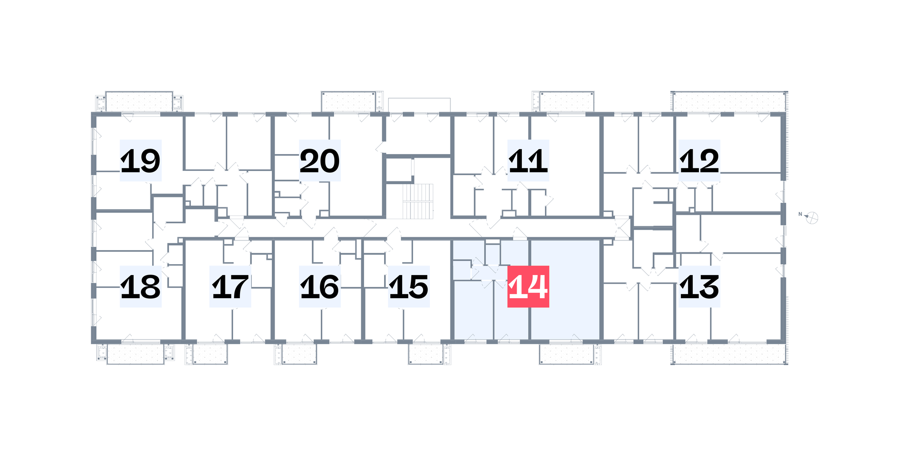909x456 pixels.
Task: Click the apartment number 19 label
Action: [140, 160]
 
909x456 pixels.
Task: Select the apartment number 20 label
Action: [320, 160]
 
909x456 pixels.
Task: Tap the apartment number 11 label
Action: [528, 160]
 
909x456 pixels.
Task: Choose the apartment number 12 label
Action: [699, 160]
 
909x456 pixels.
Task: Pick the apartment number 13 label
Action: [699, 286]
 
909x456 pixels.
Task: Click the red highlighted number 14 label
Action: [528, 286]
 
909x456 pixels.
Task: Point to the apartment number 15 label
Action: [409, 286]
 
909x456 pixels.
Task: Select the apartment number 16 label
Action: [320, 286]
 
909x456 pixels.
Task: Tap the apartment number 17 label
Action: [230, 286]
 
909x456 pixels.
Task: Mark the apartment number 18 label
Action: [140, 286]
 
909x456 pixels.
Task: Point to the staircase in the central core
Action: [418, 201]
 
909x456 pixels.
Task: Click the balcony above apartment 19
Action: [139, 101]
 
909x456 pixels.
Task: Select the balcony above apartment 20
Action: [349, 101]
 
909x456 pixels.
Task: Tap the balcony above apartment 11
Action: [566, 101]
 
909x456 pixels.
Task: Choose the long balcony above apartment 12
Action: [729, 101]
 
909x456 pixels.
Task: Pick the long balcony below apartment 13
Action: [729, 354]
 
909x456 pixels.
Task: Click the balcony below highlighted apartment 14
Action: [566, 354]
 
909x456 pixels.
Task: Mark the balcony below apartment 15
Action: [425, 354]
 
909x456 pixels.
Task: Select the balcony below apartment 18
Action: [135, 354]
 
